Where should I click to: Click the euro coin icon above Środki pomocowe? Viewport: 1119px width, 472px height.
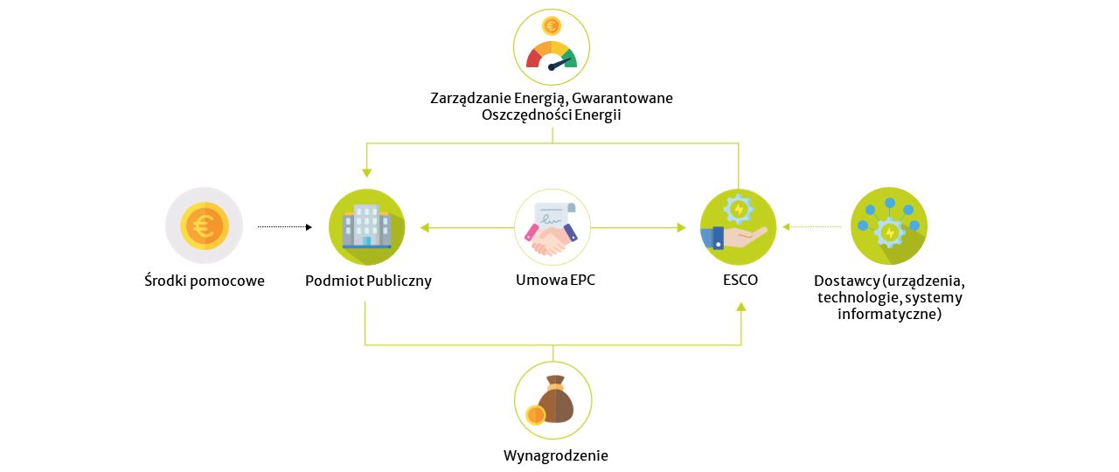click(x=204, y=226)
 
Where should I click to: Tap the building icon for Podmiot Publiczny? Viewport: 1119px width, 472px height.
click(x=366, y=226)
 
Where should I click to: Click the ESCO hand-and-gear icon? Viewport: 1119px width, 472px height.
click(x=738, y=226)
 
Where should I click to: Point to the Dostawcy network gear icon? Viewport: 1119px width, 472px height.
click(x=888, y=226)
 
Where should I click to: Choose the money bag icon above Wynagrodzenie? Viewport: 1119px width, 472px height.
click(x=552, y=400)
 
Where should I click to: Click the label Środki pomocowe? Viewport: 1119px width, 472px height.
click(x=205, y=281)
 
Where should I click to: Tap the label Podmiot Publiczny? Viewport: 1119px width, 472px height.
click(x=368, y=281)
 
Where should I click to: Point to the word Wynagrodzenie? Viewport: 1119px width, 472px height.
click(x=555, y=455)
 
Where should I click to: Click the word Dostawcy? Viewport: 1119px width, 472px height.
click(x=844, y=281)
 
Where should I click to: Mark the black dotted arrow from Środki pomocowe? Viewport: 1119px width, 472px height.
click(x=284, y=227)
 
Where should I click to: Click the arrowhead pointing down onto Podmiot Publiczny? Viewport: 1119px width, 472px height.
click(x=366, y=172)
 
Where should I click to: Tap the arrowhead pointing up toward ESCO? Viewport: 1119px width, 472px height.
click(x=741, y=306)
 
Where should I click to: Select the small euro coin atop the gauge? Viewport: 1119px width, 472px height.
click(x=552, y=26)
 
